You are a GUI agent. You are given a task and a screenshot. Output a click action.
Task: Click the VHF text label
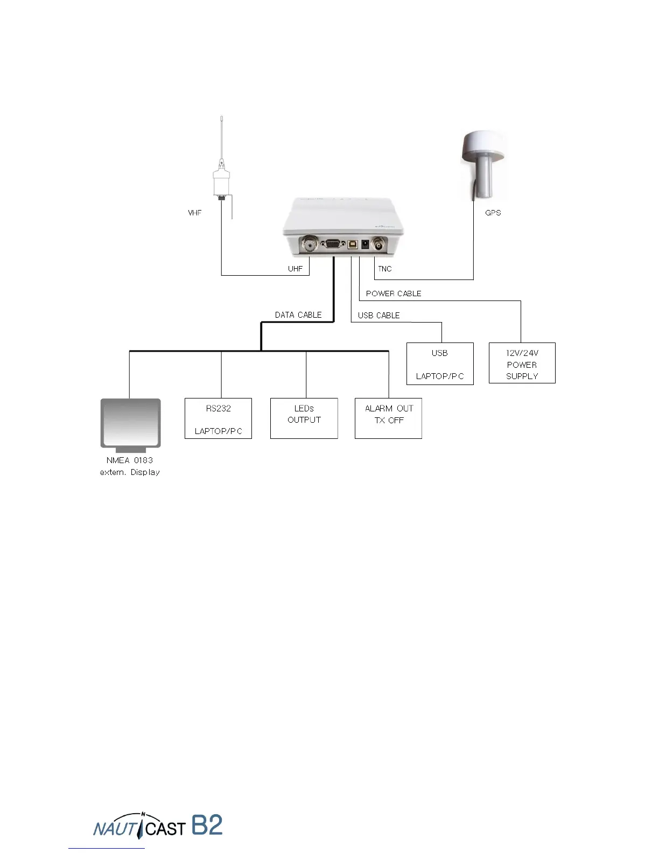(195, 213)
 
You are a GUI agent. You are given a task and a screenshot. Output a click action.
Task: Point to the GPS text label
(493, 213)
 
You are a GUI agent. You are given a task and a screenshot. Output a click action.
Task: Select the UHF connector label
(295, 269)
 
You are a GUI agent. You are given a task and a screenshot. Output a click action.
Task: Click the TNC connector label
(384, 269)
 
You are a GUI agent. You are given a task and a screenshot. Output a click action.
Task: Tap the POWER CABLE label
(393, 293)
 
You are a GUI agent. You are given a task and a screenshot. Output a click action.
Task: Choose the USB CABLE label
(378, 316)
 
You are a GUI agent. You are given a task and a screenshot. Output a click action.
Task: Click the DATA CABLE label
(298, 315)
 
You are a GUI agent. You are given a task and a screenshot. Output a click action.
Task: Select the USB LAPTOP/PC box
(440, 364)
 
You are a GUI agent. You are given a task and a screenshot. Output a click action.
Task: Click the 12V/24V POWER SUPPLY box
(522, 363)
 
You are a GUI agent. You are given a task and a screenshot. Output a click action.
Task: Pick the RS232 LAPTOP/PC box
(218, 419)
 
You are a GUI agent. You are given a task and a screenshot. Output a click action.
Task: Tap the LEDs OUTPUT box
(304, 419)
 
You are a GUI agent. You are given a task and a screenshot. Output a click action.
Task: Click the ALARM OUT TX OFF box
(388, 418)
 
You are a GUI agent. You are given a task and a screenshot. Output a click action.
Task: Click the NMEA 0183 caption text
(130, 460)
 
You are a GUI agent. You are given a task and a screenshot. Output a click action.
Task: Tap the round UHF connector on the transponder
(310, 245)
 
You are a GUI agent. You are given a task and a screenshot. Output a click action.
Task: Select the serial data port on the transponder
(332, 244)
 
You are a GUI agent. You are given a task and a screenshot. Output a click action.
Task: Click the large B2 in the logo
(207, 825)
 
